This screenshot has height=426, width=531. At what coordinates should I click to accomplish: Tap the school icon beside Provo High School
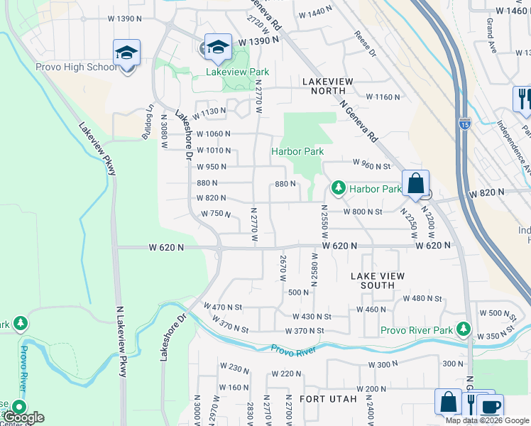[126, 54]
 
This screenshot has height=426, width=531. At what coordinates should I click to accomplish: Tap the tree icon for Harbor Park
[339, 188]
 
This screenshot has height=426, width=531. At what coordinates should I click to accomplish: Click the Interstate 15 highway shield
[464, 123]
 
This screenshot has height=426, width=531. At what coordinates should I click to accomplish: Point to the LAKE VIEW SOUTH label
[377, 280]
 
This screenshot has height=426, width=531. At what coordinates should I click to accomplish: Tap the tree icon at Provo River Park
[464, 329]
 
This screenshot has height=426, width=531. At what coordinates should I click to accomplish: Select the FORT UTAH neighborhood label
[328, 399]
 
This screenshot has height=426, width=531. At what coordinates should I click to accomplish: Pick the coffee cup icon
[490, 406]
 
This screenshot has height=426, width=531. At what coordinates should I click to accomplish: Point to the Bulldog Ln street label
[147, 122]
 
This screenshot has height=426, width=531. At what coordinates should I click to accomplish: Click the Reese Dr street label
[363, 44]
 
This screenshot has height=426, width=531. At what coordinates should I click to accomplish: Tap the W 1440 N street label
[316, 13]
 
